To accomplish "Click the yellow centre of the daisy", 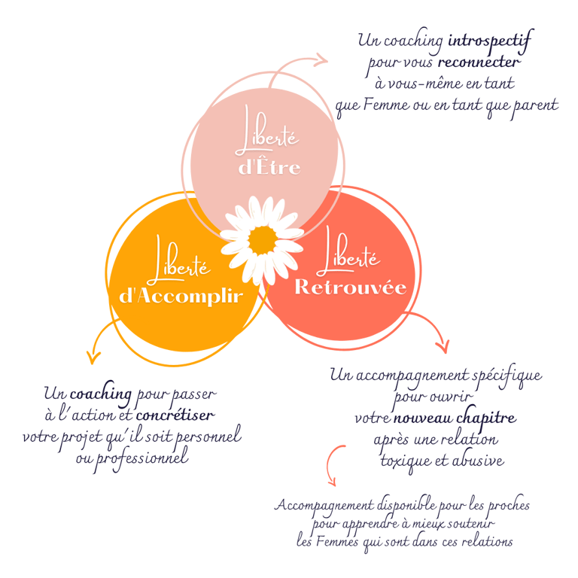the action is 263,239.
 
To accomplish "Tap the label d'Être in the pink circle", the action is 269,167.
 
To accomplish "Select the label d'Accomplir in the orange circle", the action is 181,296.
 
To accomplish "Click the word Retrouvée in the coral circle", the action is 350,287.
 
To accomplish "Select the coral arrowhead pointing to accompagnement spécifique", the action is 443,346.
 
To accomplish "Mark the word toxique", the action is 406,460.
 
